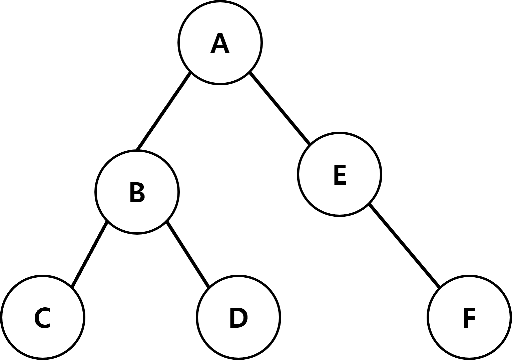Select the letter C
click(x=36, y=318)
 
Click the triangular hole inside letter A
click(x=220, y=42)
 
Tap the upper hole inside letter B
click(x=136, y=188)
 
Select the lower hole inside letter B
click(x=137, y=197)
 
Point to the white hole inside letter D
click(x=239, y=318)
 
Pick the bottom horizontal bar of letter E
click(x=341, y=183)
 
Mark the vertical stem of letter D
click(x=232, y=318)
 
